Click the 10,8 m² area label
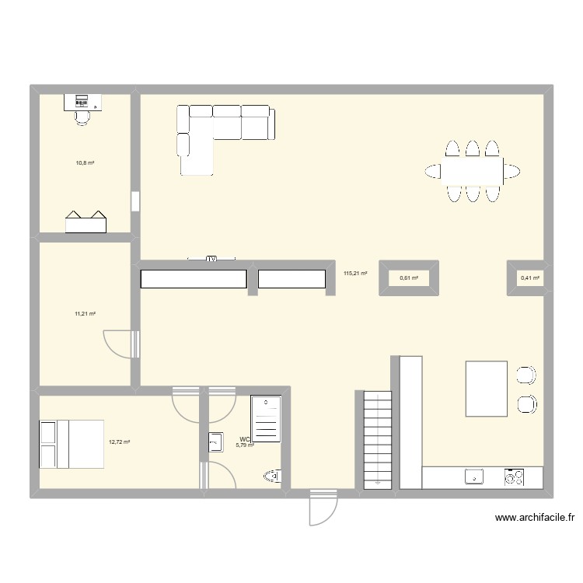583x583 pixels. [85, 163]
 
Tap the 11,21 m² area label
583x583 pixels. [85, 314]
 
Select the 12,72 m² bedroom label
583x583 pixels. [119, 442]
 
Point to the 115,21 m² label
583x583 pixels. [355, 273]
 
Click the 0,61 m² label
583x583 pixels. [409, 278]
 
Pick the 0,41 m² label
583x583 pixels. [530, 278]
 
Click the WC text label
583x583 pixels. [245, 439]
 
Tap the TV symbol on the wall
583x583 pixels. [211, 259]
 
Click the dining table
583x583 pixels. [473, 169]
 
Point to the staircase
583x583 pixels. [377, 439]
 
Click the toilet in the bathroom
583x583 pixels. [273, 476]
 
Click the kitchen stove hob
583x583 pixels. [514, 477]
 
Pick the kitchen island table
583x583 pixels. [487, 388]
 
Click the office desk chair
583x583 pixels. [82, 116]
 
